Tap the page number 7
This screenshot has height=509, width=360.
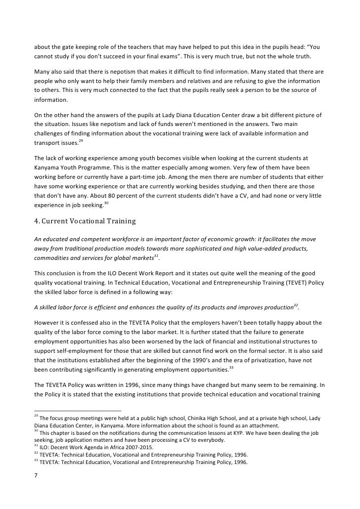coord(36,478)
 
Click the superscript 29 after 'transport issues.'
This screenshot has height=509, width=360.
coord(81,141)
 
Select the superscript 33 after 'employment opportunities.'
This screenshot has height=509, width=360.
coord(231,367)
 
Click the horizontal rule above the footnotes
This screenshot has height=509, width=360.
coord(78,411)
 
